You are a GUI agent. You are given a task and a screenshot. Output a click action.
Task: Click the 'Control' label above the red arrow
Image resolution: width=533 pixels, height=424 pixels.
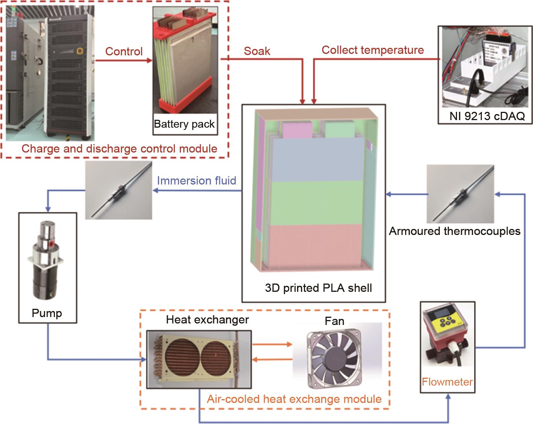124,51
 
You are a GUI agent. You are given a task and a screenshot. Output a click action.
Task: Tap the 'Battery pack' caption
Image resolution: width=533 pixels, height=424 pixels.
184,124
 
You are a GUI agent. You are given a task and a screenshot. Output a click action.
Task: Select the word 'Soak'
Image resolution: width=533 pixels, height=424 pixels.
257,51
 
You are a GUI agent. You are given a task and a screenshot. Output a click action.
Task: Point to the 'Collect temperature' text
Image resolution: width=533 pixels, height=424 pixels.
373,50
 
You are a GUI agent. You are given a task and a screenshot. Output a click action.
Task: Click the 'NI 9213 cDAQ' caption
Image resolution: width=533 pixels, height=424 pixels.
487,116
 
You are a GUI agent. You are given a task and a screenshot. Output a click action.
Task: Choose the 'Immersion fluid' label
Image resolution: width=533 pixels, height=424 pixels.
196,181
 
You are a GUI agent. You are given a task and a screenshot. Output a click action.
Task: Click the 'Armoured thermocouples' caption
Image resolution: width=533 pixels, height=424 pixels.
454,231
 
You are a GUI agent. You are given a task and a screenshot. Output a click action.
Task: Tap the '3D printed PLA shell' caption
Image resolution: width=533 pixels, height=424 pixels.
318,288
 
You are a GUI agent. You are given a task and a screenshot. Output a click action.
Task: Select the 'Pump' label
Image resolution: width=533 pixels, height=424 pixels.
47,313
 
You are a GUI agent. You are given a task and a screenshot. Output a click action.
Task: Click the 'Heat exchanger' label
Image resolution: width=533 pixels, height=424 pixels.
207,320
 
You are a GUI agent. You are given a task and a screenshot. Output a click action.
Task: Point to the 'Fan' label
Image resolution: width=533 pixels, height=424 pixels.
334,321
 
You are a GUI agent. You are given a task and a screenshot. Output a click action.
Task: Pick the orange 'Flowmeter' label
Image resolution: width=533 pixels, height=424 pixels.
447,382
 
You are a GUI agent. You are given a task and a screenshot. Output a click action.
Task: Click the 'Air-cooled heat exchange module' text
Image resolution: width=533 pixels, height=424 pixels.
294,399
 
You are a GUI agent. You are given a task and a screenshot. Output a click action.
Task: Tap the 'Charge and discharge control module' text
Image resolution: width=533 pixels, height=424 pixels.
119,148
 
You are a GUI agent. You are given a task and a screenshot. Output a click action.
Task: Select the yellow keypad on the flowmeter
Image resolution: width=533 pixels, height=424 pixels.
446,324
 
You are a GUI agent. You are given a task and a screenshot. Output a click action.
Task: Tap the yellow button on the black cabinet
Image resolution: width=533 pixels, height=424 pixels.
79,51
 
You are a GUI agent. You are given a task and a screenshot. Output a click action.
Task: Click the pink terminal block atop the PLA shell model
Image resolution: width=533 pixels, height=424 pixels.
297,130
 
